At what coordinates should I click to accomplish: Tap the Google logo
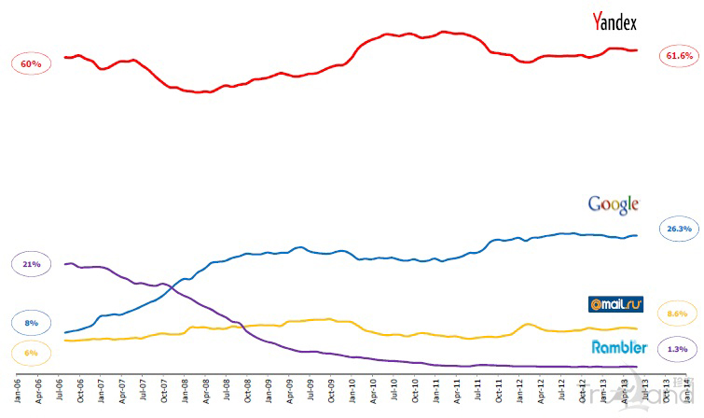pos(613,204)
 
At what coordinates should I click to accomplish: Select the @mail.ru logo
pos(615,304)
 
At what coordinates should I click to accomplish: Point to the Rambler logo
pos(619,347)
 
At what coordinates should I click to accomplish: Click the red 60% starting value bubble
pos(31,64)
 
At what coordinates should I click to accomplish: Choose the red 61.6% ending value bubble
pos(679,56)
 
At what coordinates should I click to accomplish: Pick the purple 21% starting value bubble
pos(31,265)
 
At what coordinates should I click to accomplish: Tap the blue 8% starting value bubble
pos(31,323)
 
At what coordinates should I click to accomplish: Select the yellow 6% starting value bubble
pos(31,353)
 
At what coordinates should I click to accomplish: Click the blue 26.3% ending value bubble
pos(679,229)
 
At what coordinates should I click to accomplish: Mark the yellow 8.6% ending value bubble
pos(679,313)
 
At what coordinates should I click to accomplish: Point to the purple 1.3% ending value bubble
pos(679,350)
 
